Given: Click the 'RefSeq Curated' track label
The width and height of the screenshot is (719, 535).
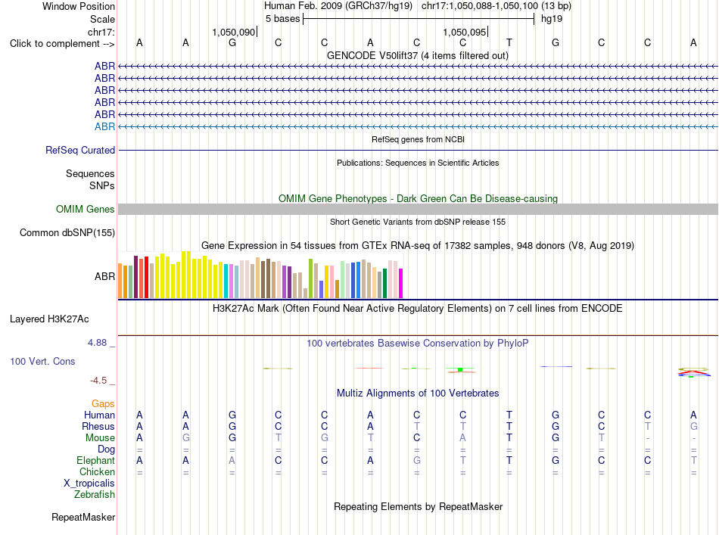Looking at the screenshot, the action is pyautogui.click(x=80, y=151).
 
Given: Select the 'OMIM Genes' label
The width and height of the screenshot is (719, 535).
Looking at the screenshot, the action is pyautogui.click(x=86, y=210).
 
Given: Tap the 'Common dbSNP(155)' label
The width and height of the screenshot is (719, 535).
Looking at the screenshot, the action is pyautogui.click(x=67, y=233).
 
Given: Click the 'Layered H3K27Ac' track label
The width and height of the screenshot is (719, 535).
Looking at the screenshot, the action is pyautogui.click(x=49, y=319).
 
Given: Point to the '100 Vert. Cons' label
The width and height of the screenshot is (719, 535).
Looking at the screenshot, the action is pyautogui.click(x=42, y=361).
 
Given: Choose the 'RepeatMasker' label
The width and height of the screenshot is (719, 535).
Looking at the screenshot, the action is pyautogui.click(x=83, y=517).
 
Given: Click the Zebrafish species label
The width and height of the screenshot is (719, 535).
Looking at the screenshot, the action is pyautogui.click(x=95, y=495).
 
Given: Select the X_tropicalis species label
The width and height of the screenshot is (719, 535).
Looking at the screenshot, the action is pyautogui.click(x=89, y=484).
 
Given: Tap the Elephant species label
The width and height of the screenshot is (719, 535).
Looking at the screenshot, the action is pyautogui.click(x=96, y=460).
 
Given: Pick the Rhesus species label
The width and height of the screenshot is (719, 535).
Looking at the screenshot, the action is pyautogui.click(x=98, y=426).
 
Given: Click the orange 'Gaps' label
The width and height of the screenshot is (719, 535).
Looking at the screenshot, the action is pyautogui.click(x=103, y=404).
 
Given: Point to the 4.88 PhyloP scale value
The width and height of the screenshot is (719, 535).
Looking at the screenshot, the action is pyautogui.click(x=97, y=343).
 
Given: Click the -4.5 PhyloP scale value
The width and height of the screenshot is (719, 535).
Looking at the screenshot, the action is pyautogui.click(x=98, y=381).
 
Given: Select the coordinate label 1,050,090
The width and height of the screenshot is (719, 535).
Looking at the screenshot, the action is pyautogui.click(x=233, y=32).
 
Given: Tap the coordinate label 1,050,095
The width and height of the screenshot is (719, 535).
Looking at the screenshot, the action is pyautogui.click(x=465, y=32).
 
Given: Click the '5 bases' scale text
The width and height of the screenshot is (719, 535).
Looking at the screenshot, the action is pyautogui.click(x=282, y=19).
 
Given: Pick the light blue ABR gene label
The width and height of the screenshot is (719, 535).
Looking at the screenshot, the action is pyautogui.click(x=105, y=126).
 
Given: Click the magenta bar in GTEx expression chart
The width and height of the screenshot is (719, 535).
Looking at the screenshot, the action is pyautogui.click(x=401, y=283).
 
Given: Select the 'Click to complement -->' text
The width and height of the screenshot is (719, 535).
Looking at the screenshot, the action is pyautogui.click(x=62, y=44).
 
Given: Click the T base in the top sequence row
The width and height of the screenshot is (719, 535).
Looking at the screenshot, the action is pyautogui.click(x=509, y=42).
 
